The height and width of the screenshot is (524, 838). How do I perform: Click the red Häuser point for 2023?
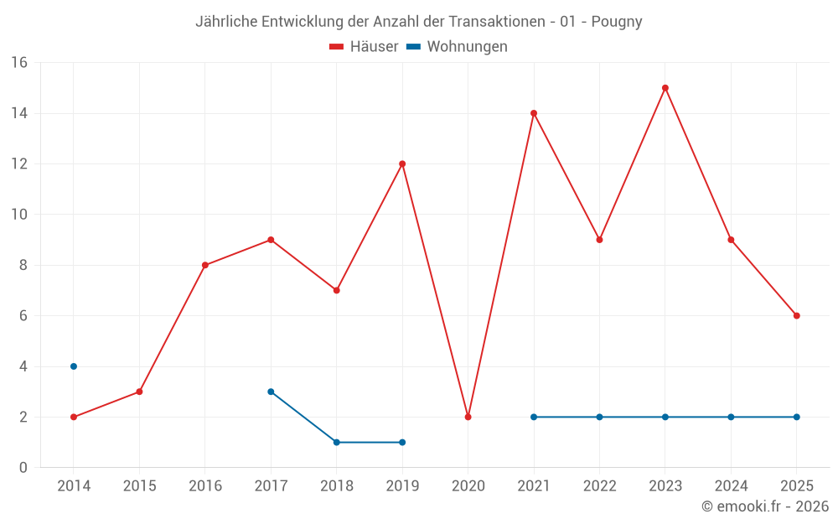tap(665, 88)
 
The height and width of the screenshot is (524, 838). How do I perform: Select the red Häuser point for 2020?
tap(468, 417)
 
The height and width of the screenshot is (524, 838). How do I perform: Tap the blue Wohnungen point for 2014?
tap(74, 366)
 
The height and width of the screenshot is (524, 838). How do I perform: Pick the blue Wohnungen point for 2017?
tap(271, 392)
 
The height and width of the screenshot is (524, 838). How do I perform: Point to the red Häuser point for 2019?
tap(402, 163)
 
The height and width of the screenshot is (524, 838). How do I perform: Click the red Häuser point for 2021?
tap(534, 113)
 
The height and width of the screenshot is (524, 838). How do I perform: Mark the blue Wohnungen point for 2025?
tap(797, 417)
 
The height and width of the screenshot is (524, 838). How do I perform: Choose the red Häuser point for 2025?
tap(797, 316)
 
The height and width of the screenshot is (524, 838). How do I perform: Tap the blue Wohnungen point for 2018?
tap(336, 442)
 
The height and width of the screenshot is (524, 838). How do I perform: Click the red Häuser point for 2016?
tap(205, 265)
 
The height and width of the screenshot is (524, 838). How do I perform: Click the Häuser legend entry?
tap(365, 47)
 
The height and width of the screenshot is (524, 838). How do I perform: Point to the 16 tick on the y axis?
tap(19, 63)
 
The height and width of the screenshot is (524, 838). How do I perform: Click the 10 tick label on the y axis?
tap(19, 215)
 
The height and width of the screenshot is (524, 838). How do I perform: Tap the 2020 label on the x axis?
tap(468, 486)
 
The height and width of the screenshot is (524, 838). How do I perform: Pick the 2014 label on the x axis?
tap(74, 486)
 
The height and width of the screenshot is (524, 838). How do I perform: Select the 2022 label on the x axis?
tap(599, 486)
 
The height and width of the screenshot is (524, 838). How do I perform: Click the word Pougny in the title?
tap(617, 22)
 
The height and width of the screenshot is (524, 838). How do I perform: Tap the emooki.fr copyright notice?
tap(765, 506)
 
